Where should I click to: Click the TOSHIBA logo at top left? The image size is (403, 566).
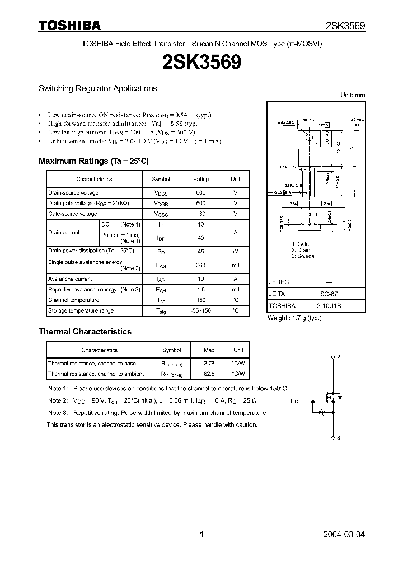pos(69,25)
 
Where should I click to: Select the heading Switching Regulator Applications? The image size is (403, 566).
pos(97,88)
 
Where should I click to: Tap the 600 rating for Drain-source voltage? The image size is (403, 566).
pos(201,192)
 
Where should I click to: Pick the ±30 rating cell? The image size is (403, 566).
pos(201,214)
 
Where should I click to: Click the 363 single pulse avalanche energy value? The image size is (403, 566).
pos(201,265)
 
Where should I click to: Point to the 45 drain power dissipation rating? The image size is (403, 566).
pos(201,251)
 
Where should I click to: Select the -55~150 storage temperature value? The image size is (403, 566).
pos(201,310)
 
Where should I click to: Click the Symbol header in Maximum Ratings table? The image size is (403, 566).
pos(161,179)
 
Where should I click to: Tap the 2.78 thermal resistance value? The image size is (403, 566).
pos(209,364)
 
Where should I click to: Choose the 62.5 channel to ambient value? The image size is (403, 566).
pos(209,374)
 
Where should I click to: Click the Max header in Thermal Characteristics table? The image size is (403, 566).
pos(209,350)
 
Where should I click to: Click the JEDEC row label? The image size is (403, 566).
pos(279,282)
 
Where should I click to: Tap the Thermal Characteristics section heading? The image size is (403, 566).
pos(85,332)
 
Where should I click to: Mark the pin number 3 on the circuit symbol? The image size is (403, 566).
pos(339,438)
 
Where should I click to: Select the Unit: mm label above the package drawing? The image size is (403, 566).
pos(353,95)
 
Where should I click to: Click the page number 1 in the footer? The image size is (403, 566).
pos(201,535)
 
